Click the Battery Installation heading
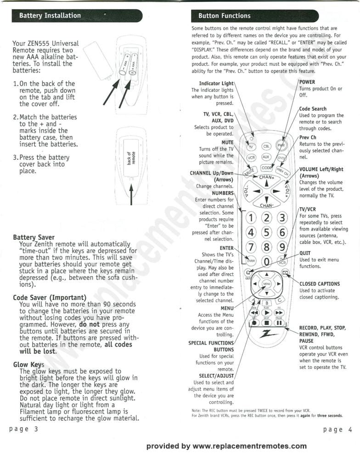[50, 16]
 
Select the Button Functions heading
[224, 16]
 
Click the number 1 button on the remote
[251, 217]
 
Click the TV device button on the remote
[251, 147]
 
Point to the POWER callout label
[307, 82]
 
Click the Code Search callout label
[313, 109]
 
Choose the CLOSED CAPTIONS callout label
[320, 284]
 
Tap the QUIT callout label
[305, 253]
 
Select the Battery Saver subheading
[34, 238]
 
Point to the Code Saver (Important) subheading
[50, 298]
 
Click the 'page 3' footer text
[23, 429]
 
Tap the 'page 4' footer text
[337, 429]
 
